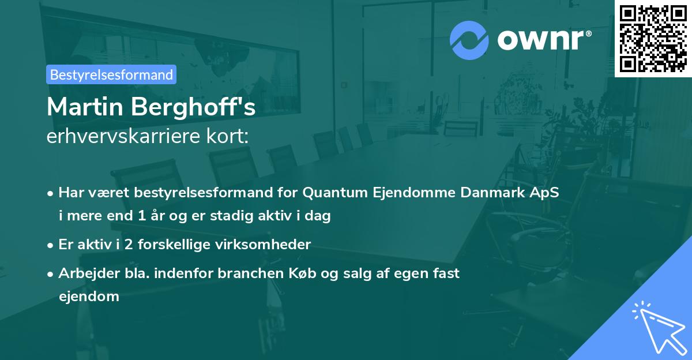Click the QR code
(653, 39)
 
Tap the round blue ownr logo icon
(469, 40)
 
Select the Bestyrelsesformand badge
(111, 74)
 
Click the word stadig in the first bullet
(258, 216)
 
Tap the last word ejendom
(89, 297)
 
